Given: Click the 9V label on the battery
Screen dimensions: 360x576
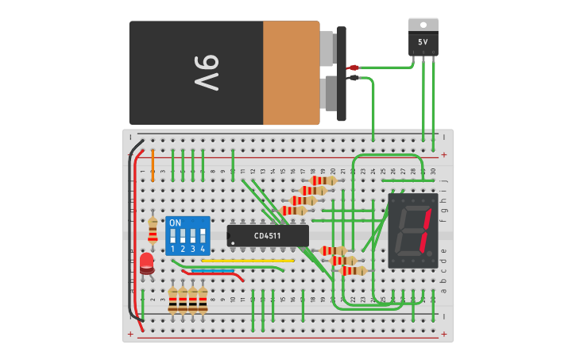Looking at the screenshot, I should click(x=206, y=73).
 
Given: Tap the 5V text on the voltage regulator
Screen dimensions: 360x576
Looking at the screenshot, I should click(x=423, y=41).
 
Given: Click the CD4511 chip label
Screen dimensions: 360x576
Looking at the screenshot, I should click(x=269, y=235).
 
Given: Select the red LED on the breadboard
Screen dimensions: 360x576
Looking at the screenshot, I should click(x=147, y=262).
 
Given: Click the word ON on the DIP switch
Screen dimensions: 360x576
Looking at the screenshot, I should click(x=176, y=223).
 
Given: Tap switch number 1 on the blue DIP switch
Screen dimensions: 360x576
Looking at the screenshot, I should click(x=172, y=237).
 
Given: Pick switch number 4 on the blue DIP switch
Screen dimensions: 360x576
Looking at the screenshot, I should click(x=203, y=237).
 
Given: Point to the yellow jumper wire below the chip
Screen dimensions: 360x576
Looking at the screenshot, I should click(x=248, y=260).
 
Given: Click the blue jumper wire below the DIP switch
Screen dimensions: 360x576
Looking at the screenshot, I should click(x=213, y=271).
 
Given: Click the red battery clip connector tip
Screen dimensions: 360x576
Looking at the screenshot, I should click(x=353, y=68).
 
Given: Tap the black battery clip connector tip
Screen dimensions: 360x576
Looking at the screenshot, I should click(x=353, y=78).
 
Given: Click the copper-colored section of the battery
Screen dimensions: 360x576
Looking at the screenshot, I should click(x=291, y=73).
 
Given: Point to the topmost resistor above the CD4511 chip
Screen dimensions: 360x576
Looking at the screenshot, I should click(x=324, y=180).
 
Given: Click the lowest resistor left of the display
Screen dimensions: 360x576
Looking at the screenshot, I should click(x=353, y=270).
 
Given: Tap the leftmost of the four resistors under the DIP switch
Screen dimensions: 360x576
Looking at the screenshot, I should click(x=172, y=300).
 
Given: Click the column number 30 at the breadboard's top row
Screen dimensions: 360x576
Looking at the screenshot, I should click(x=433, y=171).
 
